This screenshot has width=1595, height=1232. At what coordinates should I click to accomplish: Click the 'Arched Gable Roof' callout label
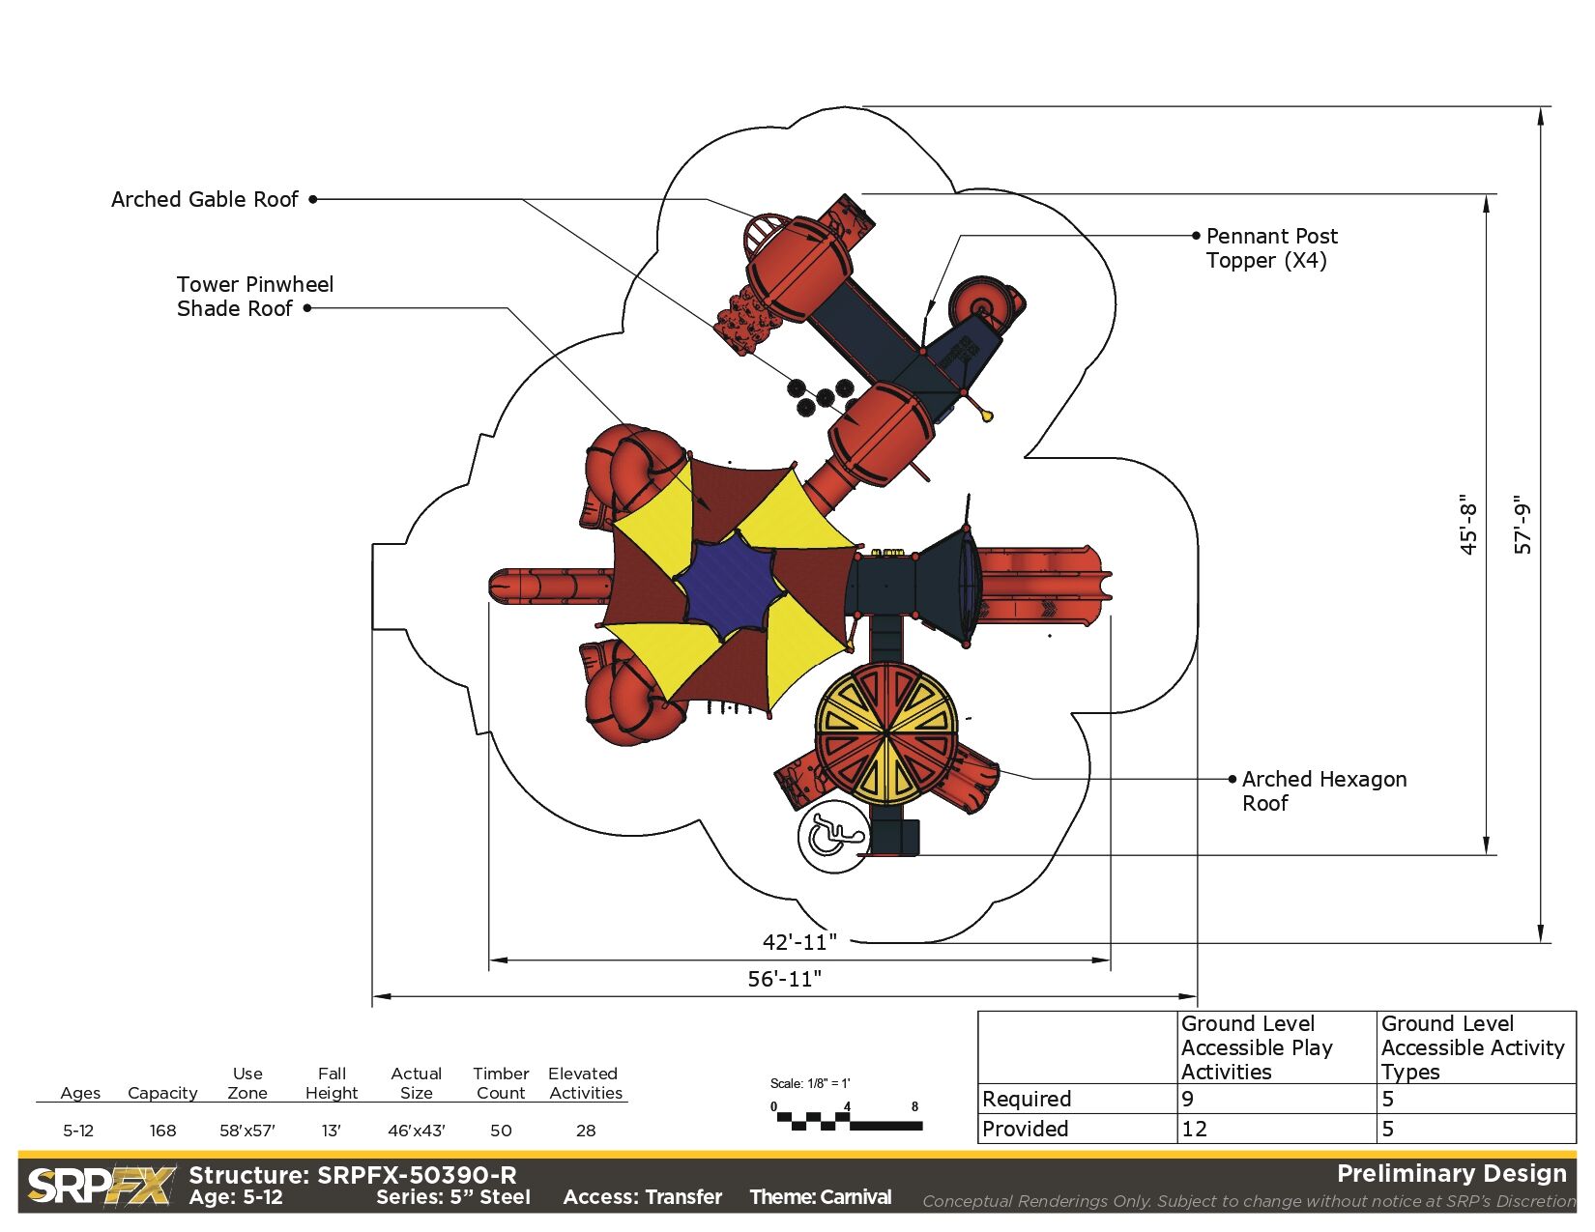(x=205, y=199)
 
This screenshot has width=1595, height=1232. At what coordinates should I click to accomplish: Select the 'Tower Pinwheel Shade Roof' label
(x=254, y=296)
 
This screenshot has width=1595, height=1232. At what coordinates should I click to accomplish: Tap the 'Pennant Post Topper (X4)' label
(x=1271, y=248)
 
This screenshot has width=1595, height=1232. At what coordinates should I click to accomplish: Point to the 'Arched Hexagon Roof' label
(x=1324, y=790)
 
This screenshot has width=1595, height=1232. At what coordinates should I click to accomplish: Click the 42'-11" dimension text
(x=799, y=941)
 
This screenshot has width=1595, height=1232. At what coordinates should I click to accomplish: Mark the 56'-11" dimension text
(x=785, y=978)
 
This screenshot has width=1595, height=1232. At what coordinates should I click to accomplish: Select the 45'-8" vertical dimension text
(x=1467, y=524)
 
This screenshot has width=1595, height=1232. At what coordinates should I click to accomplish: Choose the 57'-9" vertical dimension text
(x=1522, y=524)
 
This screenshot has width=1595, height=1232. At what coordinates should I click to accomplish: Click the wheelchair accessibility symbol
(x=833, y=837)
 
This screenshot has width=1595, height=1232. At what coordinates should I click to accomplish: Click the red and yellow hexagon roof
(x=886, y=732)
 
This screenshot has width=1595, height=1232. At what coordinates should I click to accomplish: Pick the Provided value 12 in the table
(x=1194, y=1129)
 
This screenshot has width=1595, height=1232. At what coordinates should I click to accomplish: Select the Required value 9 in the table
(x=1188, y=1099)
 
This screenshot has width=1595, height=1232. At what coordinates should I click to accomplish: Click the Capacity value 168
(x=163, y=1130)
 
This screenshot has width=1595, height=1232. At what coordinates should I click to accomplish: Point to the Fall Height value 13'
(x=331, y=1130)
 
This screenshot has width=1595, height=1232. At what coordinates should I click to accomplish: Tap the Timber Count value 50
(x=501, y=1130)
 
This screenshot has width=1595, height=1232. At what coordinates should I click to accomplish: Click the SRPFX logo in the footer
(x=101, y=1186)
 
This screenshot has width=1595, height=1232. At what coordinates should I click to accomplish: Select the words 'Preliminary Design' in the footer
(x=1452, y=1173)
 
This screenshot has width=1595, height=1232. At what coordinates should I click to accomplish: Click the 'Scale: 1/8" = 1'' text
(x=810, y=1083)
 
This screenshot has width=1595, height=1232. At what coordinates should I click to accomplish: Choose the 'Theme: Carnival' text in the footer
(x=820, y=1197)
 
